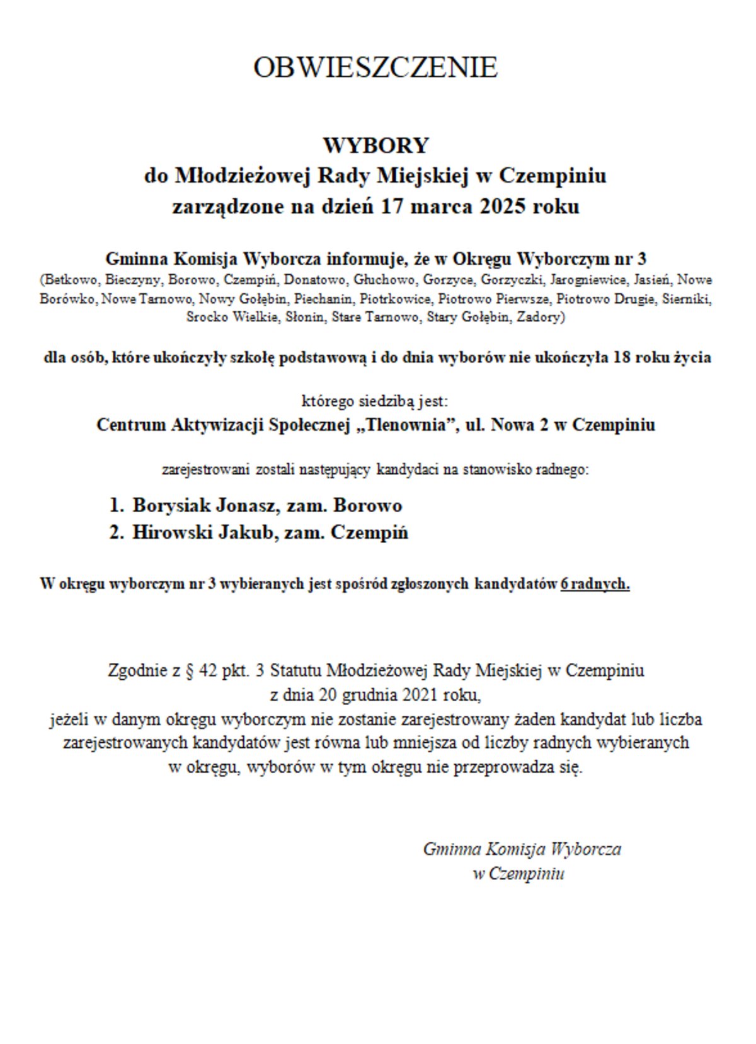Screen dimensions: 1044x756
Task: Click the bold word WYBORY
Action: point(375,146)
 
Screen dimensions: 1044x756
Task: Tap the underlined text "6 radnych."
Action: point(595,584)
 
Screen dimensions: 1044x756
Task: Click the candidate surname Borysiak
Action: point(171,505)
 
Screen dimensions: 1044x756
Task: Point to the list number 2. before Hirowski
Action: point(116,532)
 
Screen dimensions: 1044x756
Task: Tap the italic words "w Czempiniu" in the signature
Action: point(518,874)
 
